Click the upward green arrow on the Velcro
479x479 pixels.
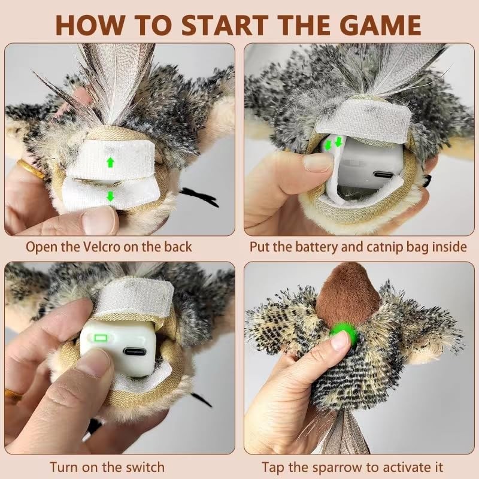110,162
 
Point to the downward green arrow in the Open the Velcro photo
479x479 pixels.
110,196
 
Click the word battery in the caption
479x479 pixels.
326,247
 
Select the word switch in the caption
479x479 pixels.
144,466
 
